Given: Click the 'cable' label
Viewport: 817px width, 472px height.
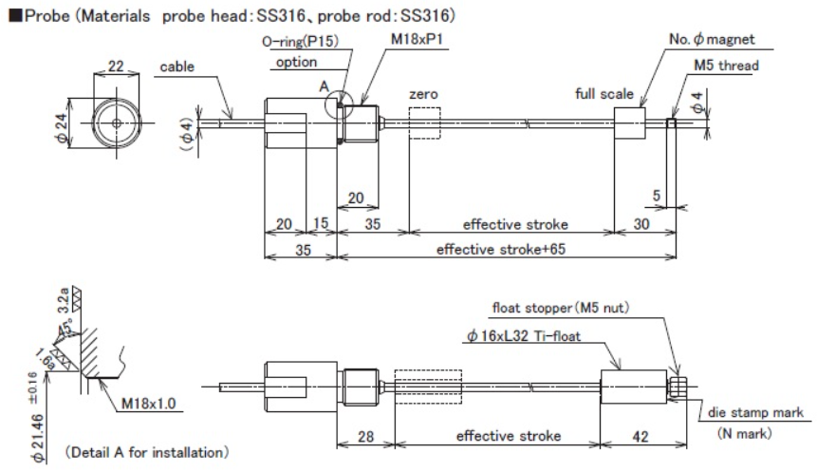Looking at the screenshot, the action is (x=176, y=66).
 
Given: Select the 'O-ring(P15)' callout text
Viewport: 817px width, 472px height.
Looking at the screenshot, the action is (x=300, y=41).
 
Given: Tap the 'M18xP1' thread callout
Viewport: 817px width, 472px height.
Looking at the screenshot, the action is (x=417, y=39).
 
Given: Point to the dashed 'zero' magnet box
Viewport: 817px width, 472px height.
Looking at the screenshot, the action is (x=425, y=123).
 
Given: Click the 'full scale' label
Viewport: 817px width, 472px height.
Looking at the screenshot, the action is (x=603, y=94).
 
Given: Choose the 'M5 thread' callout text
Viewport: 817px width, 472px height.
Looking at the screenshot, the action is (x=726, y=66).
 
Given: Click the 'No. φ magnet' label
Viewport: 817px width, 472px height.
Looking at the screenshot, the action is (x=712, y=39).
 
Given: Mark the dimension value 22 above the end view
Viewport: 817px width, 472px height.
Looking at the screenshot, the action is (x=116, y=66).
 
